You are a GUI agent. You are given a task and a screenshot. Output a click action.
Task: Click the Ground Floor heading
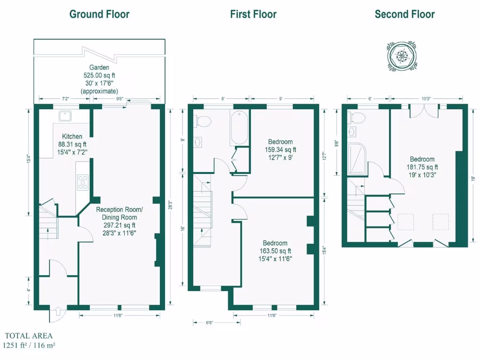click(x=99, y=14)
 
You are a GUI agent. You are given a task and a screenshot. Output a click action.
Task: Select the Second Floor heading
click(x=405, y=14)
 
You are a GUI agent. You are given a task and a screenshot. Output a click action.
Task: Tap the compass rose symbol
click(x=402, y=56)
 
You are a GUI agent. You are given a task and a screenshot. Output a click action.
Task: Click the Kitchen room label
click(x=72, y=136)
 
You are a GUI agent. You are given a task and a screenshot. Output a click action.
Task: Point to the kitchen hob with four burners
click(x=82, y=182)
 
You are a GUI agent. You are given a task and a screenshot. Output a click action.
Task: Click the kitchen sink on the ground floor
click(x=62, y=115)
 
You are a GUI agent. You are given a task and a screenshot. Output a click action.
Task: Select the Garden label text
click(x=99, y=67)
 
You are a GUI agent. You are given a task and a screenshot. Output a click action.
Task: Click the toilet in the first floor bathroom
click(x=203, y=120)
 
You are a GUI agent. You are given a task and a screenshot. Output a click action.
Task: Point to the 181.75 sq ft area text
click(x=422, y=167)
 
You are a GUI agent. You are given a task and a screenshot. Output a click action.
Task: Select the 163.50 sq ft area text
click(x=275, y=251)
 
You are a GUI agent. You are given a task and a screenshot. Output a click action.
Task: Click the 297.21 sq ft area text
click(x=120, y=225)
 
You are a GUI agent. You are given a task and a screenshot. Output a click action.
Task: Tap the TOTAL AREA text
click(x=29, y=336)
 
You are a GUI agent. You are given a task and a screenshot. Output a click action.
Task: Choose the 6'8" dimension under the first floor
click(x=210, y=322)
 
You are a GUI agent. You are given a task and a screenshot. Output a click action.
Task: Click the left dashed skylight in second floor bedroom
click(x=406, y=222)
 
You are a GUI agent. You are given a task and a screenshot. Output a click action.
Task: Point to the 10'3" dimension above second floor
click(x=426, y=98)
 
